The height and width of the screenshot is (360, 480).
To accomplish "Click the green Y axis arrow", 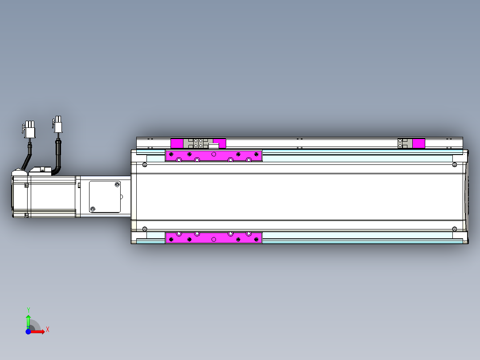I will (x=28, y=320).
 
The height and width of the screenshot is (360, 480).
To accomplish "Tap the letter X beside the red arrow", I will (x=47, y=329).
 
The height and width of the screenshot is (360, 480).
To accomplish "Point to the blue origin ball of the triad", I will (x=28, y=332).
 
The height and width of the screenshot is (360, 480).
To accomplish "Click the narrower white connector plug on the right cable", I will (x=58, y=124).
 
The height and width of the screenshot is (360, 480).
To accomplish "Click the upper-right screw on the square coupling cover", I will (x=118, y=184).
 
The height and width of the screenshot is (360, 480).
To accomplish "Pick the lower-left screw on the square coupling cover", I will (x=93, y=209).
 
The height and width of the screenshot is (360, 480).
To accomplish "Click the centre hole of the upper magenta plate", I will (x=214, y=154).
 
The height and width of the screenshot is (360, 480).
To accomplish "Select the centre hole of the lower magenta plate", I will (x=214, y=239).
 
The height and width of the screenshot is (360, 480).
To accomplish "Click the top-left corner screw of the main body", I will (x=144, y=165).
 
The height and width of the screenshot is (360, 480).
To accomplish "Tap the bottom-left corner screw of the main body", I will (x=144, y=229).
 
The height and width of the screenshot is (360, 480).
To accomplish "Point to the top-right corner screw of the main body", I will (x=454, y=165).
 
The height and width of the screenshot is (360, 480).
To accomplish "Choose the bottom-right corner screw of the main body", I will (x=454, y=229).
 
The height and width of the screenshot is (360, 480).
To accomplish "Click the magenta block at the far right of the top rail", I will (x=419, y=143).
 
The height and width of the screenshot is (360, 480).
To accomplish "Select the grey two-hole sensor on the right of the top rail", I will (x=403, y=143).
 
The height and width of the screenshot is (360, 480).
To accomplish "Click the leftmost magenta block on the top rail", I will (x=177, y=143).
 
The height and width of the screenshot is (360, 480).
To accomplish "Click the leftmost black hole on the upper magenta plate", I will (x=170, y=154).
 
